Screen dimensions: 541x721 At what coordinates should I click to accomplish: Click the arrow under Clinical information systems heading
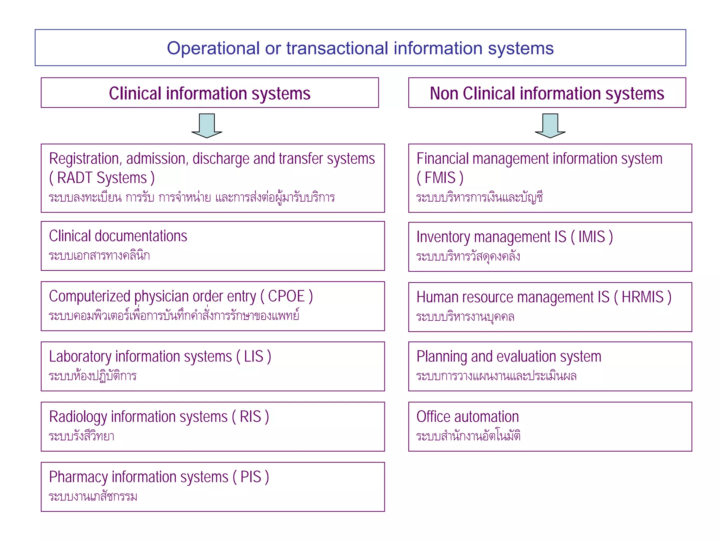click(x=207, y=125)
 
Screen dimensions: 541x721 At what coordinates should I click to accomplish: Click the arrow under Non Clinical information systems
click(x=550, y=125)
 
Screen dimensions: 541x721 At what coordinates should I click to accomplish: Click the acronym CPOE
click(x=286, y=296)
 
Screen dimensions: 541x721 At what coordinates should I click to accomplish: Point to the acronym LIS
click(x=253, y=357)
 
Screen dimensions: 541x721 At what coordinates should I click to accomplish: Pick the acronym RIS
click(x=250, y=417)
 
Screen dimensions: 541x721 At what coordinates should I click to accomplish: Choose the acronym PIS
click(x=251, y=477)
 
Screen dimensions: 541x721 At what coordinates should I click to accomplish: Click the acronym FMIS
click(x=440, y=178)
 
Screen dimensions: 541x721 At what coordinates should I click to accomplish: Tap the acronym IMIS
click(x=591, y=237)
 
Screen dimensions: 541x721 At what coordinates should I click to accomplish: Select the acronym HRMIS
click(x=642, y=297)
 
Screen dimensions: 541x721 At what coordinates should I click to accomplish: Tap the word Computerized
click(x=89, y=296)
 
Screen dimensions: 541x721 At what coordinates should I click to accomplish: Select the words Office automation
click(x=468, y=417)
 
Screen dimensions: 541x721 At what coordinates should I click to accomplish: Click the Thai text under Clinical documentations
click(x=99, y=255)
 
